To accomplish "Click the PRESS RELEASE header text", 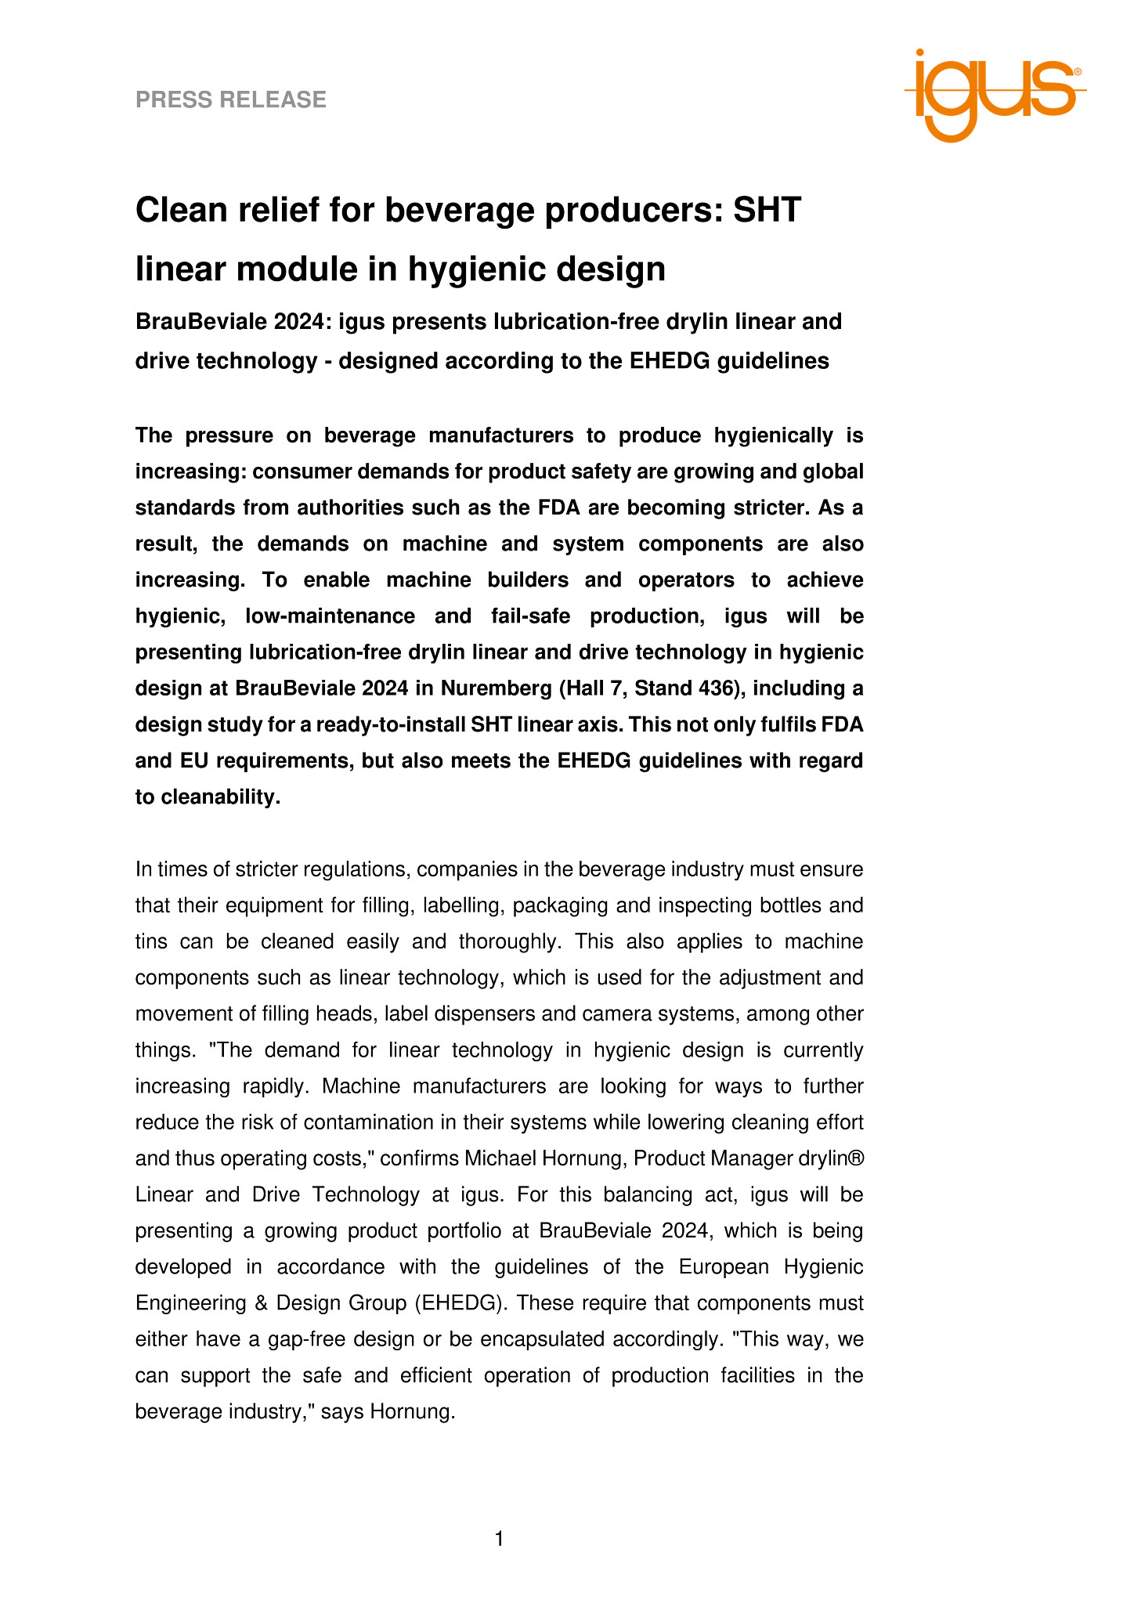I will click(x=231, y=99).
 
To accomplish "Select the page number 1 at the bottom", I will click(x=500, y=1539).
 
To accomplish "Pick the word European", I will click(x=724, y=1266).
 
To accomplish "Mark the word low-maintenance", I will click(x=330, y=616).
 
